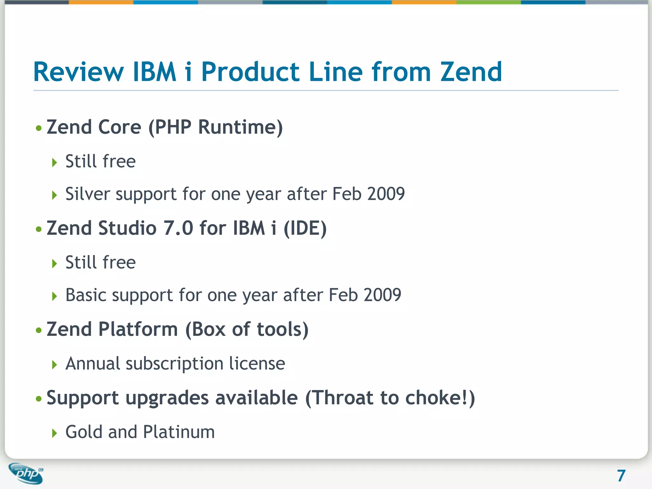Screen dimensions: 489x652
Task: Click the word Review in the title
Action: (x=78, y=72)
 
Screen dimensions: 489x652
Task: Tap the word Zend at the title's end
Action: (x=471, y=72)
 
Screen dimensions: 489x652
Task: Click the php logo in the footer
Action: (x=26, y=473)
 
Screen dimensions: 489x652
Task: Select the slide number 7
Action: (x=621, y=476)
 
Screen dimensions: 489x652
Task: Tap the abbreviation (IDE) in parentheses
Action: (x=305, y=228)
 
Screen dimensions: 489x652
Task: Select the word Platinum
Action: (x=179, y=432)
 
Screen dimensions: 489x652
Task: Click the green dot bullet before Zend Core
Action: (x=39, y=128)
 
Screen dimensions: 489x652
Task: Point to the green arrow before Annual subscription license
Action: (x=54, y=365)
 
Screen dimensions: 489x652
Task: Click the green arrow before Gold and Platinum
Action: (x=54, y=433)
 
